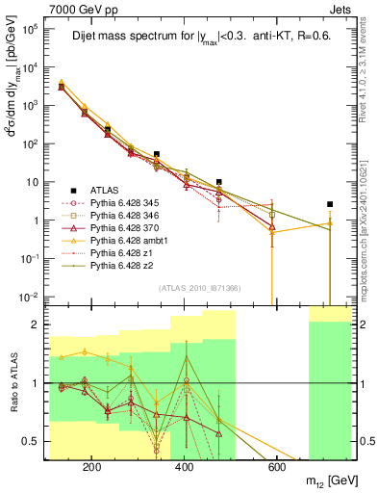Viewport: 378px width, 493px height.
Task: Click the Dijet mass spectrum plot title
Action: tap(198, 39)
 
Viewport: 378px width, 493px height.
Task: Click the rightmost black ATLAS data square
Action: tap(330, 204)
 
